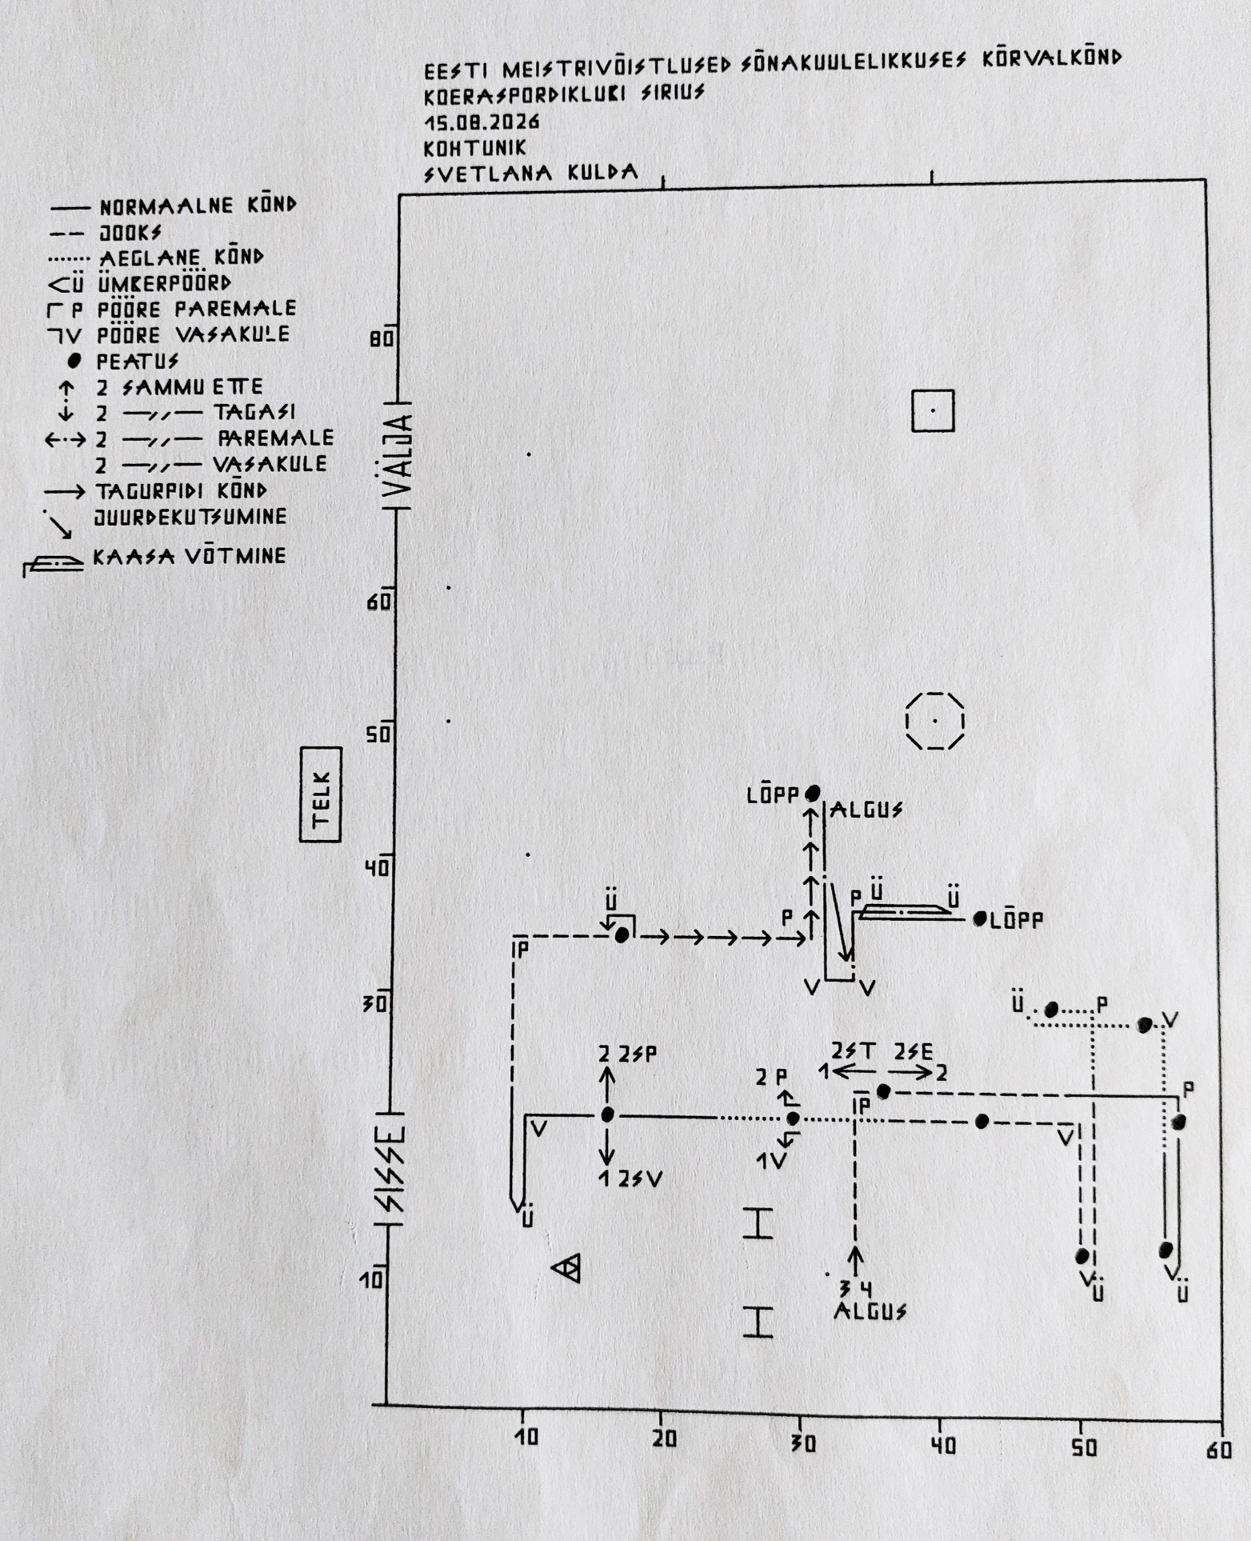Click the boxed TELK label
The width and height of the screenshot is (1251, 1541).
(x=321, y=795)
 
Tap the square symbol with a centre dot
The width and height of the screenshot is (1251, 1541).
(x=933, y=410)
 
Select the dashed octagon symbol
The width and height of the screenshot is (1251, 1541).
(x=934, y=721)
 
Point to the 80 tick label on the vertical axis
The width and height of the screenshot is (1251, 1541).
(x=382, y=339)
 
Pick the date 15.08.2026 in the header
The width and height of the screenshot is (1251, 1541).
(x=482, y=122)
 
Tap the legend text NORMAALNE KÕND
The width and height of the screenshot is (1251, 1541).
(x=198, y=206)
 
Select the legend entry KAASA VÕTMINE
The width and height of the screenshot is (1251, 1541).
(x=190, y=556)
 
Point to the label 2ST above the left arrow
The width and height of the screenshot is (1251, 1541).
(x=853, y=1051)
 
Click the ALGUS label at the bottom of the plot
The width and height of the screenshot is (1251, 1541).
(x=870, y=1311)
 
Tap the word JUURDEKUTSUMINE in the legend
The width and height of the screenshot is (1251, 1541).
(x=190, y=517)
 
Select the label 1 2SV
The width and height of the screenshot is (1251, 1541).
(x=630, y=1179)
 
